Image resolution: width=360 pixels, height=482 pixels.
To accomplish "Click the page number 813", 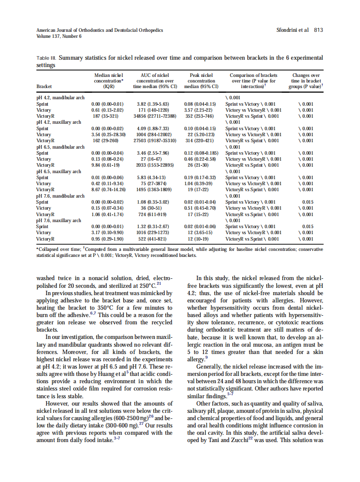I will pos(318,30).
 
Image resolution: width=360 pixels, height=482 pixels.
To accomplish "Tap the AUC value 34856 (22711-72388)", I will pos(156,116).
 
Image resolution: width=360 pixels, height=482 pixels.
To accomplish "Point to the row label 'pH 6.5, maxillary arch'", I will pos(59,171).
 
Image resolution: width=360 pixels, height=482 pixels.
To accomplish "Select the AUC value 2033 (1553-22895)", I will pos(156,165).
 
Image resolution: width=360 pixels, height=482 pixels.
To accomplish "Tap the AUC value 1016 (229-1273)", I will pos(156,233).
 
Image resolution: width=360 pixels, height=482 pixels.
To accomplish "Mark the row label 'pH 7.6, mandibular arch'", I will pos(61,196).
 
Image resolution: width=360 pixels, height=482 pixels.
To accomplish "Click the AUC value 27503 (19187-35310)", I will pos(156,140).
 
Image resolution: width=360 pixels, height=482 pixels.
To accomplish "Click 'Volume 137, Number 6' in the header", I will pos(59,36).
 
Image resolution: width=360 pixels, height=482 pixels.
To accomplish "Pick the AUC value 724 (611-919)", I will pos(156,214).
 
